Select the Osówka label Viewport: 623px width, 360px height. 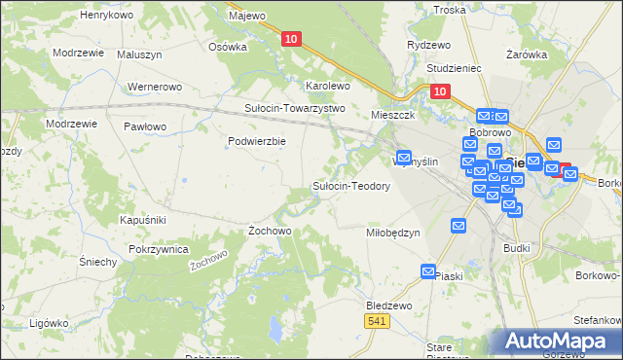(x=228, y=46)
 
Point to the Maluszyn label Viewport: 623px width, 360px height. (x=140, y=54)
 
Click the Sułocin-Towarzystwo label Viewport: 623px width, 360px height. (x=295, y=108)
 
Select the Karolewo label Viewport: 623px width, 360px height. (x=327, y=86)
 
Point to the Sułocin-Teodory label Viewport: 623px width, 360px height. (x=350, y=186)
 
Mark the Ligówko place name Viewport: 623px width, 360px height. (x=47, y=322)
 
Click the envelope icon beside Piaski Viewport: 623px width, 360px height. (x=428, y=270)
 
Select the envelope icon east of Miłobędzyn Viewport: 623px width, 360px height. (x=458, y=226)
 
